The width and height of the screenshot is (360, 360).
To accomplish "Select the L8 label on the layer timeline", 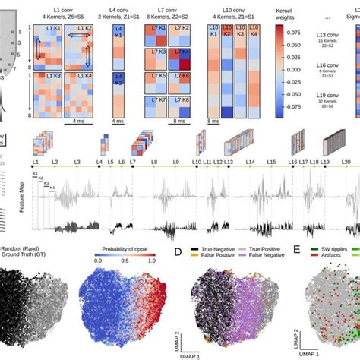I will [x=156, y=163].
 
